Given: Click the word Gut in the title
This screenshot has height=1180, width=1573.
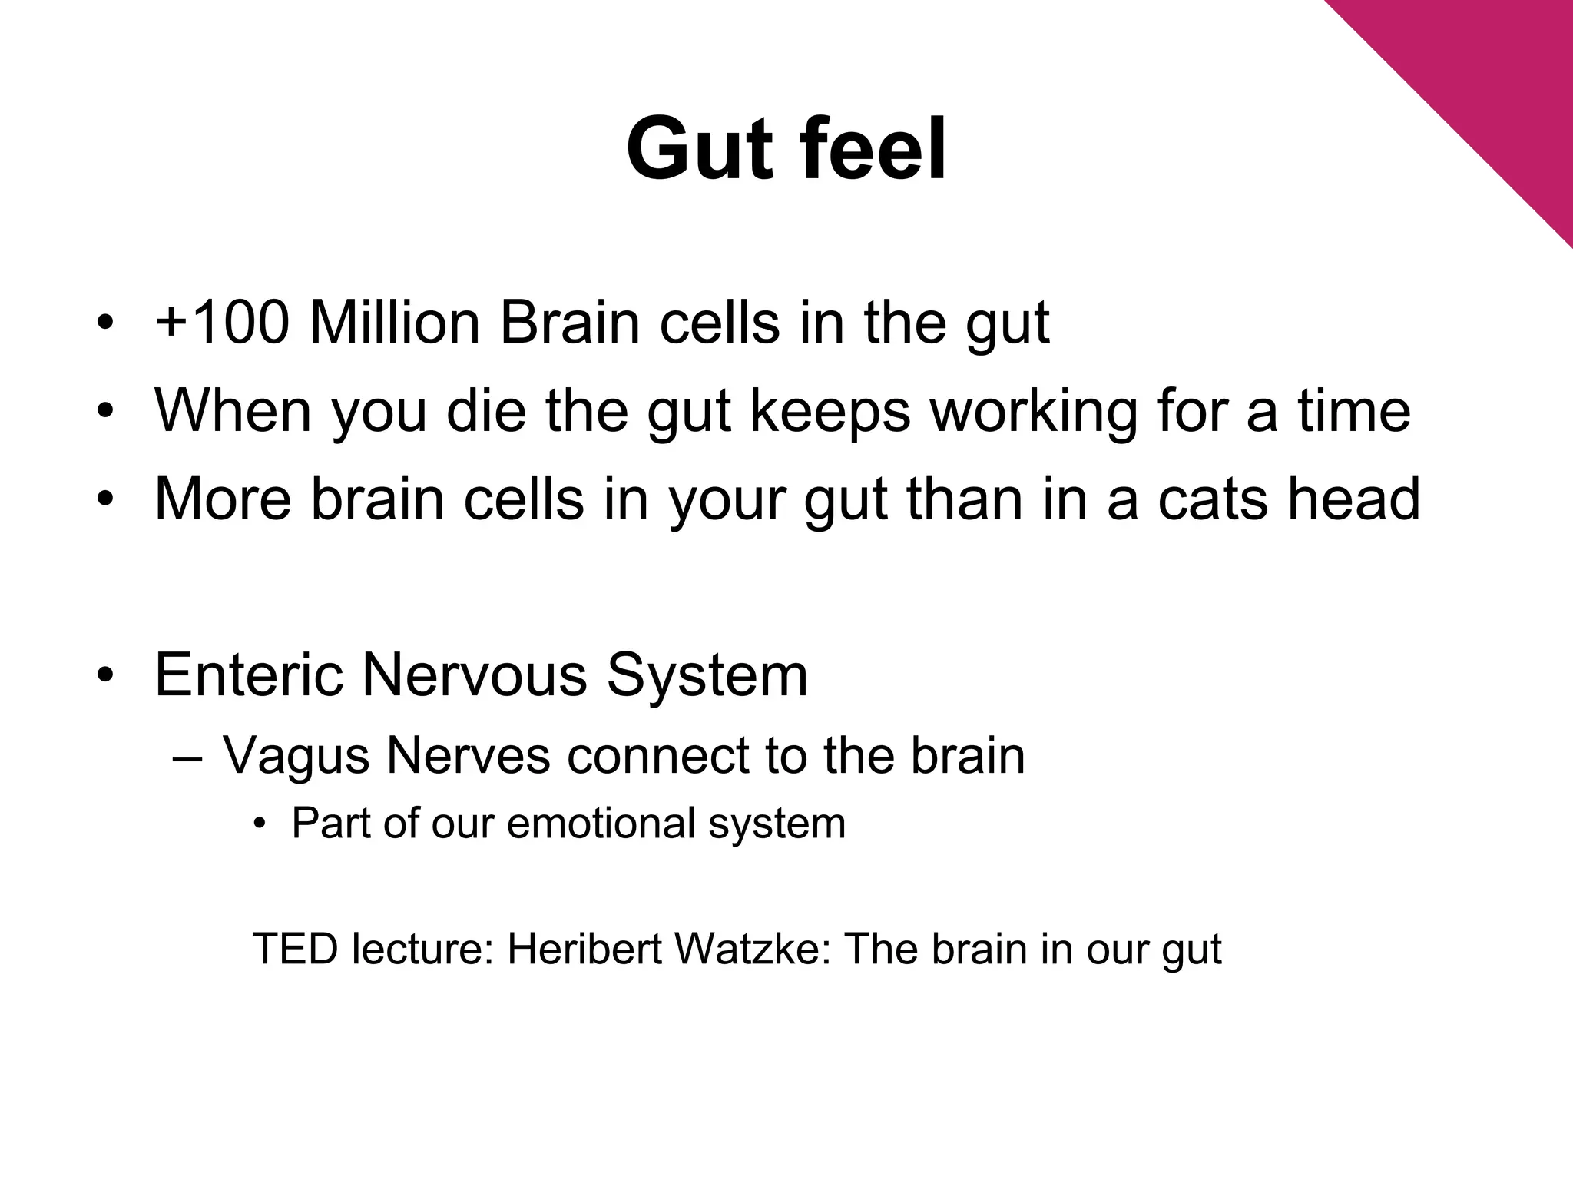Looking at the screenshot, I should [698, 149].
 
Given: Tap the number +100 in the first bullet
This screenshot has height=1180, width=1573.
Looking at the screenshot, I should [222, 323].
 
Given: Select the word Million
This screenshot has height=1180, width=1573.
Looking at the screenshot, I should [394, 323].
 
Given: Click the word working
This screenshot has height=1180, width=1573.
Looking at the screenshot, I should [1034, 412].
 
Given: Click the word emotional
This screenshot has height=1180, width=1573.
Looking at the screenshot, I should [601, 824].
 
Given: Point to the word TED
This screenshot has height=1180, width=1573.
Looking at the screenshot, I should [295, 949].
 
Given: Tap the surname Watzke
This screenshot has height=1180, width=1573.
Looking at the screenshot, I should [753, 949].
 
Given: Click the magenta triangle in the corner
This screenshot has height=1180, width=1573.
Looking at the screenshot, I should [1498, 69].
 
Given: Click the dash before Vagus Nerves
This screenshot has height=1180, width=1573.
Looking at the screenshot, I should [188, 759].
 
